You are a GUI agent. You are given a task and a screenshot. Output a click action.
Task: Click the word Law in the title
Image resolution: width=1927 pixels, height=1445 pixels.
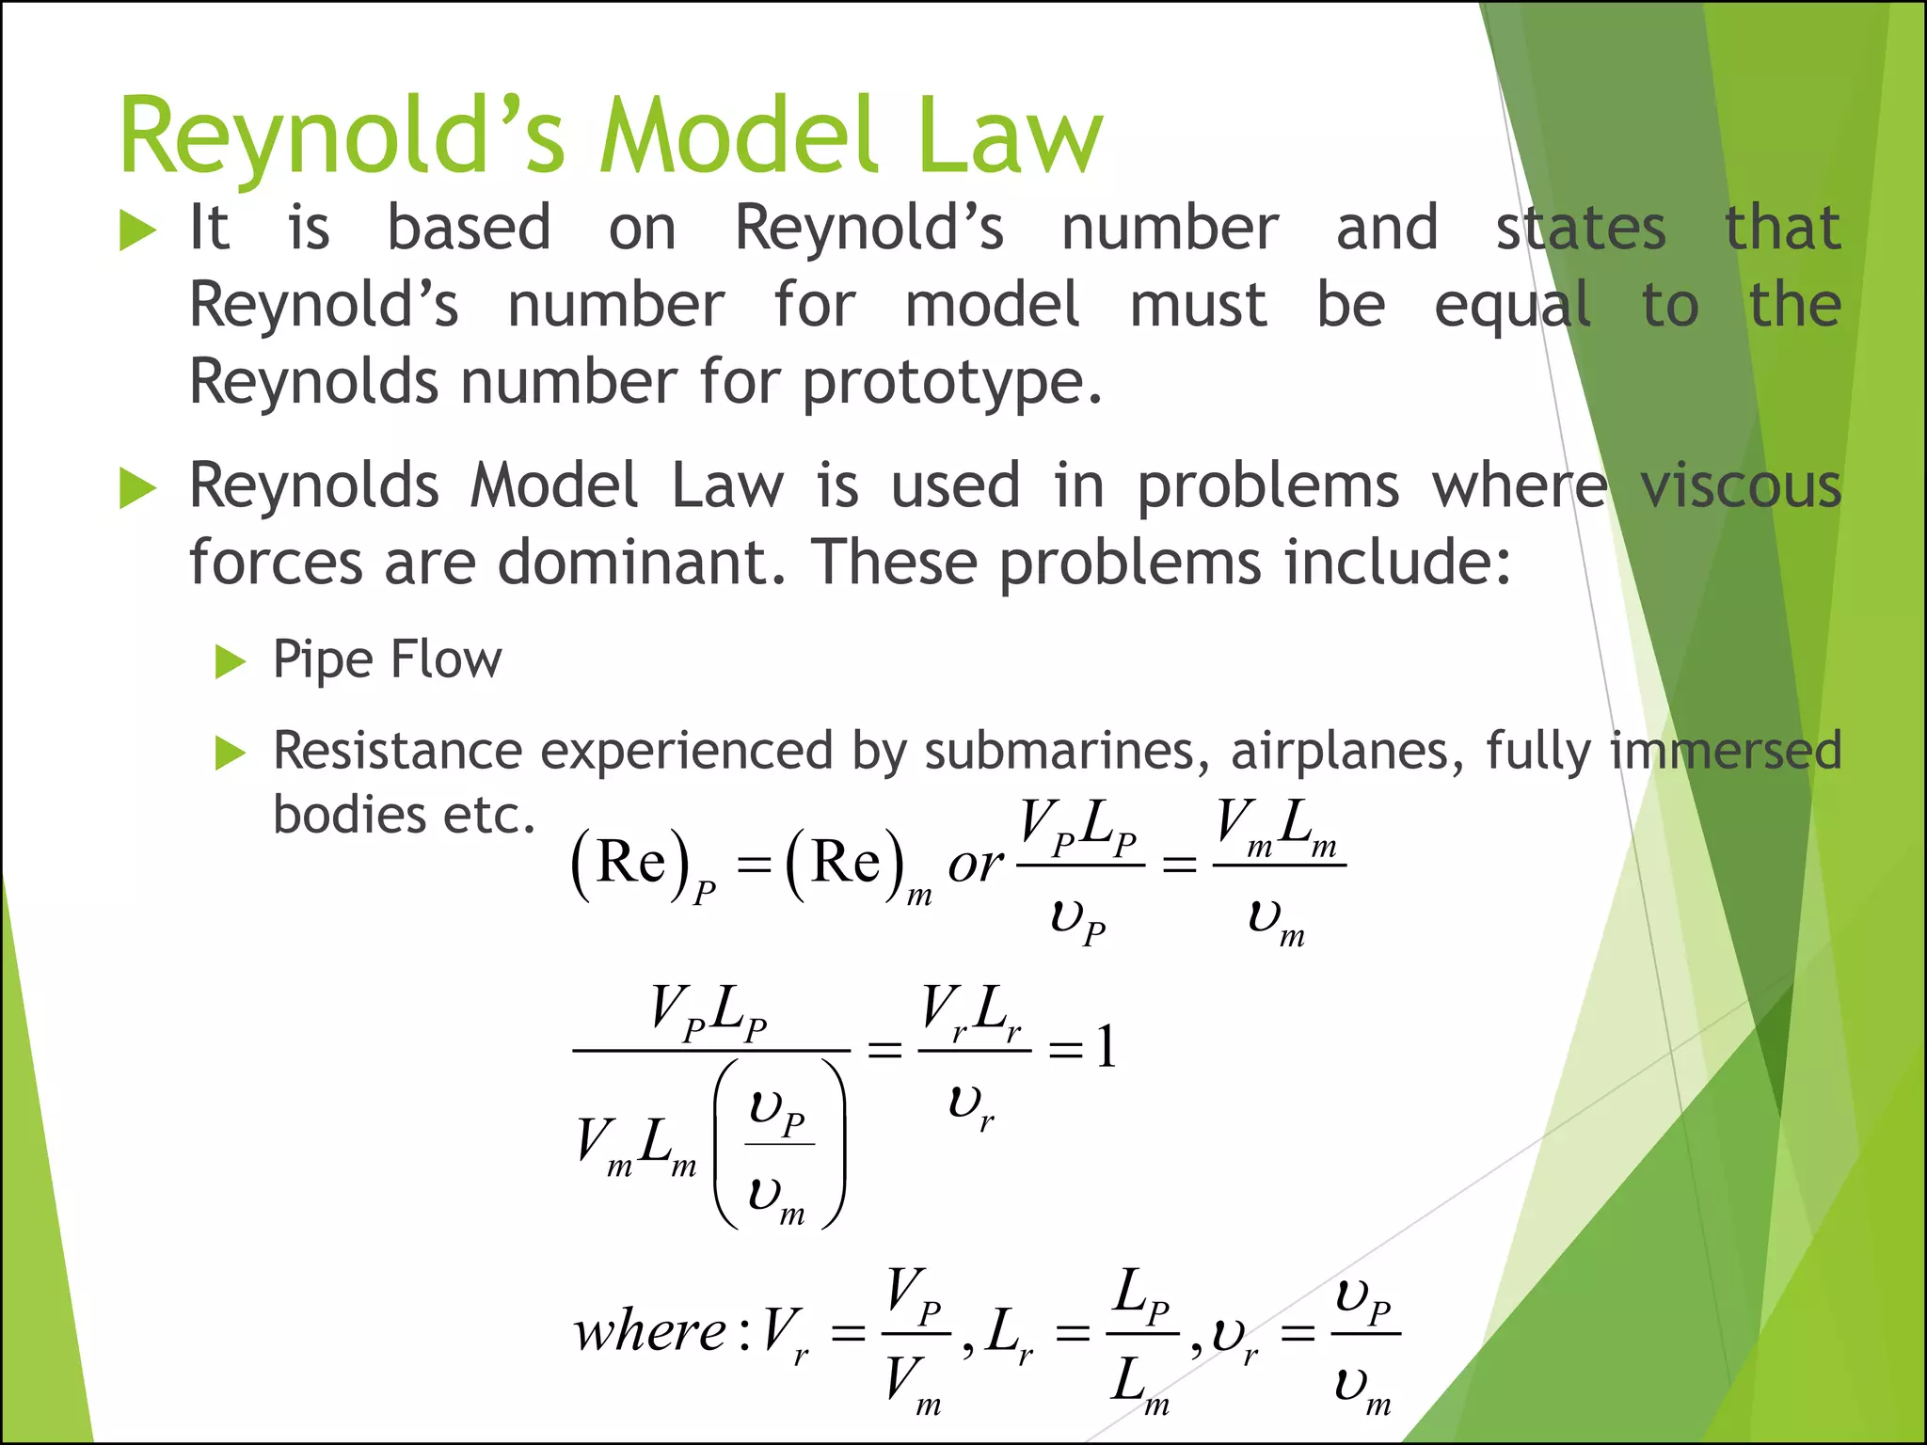point(1009,137)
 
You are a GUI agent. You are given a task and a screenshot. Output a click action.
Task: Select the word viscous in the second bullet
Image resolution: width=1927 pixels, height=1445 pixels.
point(1740,486)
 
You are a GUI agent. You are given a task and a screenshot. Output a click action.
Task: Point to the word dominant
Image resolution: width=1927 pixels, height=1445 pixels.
point(640,563)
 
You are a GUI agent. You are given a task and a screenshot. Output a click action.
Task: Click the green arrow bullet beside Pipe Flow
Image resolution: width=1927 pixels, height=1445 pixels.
point(230,661)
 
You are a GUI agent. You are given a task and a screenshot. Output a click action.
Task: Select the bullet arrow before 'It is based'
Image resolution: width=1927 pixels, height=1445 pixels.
point(137,230)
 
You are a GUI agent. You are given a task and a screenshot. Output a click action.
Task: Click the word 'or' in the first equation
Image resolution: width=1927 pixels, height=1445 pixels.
point(975,865)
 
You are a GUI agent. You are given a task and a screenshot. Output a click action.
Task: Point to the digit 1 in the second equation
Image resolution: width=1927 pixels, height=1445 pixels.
point(1107,1046)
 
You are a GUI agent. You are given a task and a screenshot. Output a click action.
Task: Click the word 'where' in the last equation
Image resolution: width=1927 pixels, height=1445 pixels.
point(650,1332)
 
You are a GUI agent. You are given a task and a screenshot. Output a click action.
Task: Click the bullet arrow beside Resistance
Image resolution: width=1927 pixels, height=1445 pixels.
point(230,754)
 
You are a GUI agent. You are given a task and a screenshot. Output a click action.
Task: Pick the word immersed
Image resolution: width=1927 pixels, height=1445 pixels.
point(1725,752)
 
